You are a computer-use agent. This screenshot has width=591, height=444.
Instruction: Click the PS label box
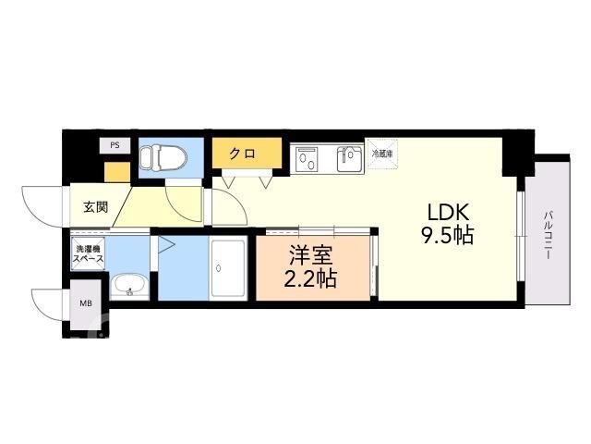coord(115,145)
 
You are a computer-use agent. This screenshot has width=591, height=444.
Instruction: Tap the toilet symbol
coord(163,158)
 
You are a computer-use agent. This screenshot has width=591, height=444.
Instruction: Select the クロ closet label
coord(243,154)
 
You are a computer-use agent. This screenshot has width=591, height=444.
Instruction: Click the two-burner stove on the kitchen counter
coord(308,158)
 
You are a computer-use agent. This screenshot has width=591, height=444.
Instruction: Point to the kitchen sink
coord(350,159)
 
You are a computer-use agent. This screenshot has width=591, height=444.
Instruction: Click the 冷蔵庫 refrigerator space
coord(382,154)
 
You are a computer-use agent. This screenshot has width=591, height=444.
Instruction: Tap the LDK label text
coord(448,212)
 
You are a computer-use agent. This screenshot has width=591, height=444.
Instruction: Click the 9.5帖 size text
coord(447,235)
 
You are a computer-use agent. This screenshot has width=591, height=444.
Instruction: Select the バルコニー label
coord(548,235)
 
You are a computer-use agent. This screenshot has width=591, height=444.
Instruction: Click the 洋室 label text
coord(311,255)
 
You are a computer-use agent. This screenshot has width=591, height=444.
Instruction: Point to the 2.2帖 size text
coord(310,278)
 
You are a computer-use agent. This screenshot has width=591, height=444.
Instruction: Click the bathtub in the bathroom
coord(228,267)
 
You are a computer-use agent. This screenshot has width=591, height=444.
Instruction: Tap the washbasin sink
coord(129,288)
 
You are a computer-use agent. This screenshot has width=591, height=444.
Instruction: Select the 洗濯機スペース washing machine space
coord(88,253)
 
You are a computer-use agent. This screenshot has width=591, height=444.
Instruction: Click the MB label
coord(86,303)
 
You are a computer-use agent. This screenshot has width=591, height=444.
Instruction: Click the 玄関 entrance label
coord(96,207)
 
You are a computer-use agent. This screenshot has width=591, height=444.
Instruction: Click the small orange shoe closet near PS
coord(117,172)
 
